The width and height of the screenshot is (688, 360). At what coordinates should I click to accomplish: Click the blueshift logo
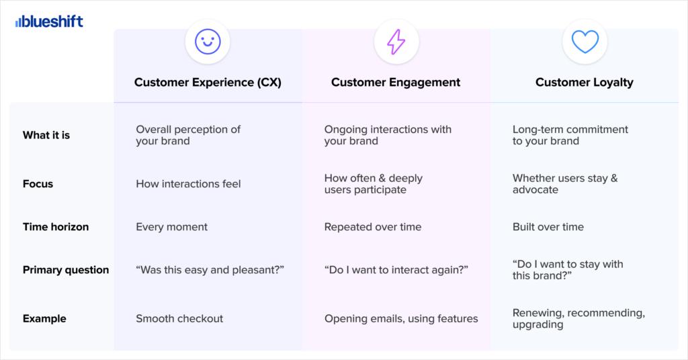click(49, 21)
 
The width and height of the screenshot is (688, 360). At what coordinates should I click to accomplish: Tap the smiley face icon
click(208, 42)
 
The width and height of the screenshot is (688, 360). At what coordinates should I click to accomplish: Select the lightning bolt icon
click(396, 42)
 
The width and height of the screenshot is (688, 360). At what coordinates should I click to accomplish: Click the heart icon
click(585, 42)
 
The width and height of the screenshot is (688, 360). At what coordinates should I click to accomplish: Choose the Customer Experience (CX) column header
click(208, 83)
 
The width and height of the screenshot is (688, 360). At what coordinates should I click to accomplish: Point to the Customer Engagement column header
click(396, 83)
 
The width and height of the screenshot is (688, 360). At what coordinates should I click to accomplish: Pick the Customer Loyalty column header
click(585, 83)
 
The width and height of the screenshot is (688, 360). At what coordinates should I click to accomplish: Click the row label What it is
click(46, 135)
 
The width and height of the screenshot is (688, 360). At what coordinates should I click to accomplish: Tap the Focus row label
click(38, 184)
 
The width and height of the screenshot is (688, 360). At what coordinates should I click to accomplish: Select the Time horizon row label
click(56, 227)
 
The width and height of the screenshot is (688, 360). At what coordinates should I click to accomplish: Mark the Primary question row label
click(66, 270)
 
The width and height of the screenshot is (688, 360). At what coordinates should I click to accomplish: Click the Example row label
click(44, 318)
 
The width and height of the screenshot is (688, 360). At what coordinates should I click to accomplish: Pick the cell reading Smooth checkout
click(179, 318)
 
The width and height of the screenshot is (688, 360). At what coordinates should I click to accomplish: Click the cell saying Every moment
click(171, 227)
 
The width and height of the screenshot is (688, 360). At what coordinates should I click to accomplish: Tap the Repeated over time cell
click(372, 227)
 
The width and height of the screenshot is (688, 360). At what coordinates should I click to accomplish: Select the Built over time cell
click(548, 227)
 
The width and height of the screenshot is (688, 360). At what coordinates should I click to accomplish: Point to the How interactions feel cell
click(188, 184)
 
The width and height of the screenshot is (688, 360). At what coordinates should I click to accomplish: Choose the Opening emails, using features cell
click(401, 318)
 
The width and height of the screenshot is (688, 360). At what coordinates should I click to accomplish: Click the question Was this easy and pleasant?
click(210, 270)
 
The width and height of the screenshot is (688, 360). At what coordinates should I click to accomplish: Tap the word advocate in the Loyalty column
click(535, 190)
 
